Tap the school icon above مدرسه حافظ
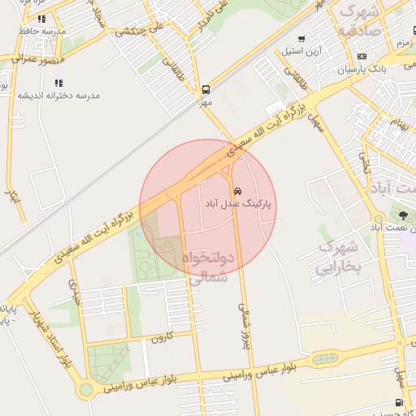point(41,18)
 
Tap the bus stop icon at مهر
point(206,89)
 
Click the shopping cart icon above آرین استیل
point(301,39)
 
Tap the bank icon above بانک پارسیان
point(361,56)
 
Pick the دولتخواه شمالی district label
point(210,266)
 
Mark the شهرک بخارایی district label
point(337,257)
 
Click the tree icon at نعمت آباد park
point(402,214)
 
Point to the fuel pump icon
point(398,401)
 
